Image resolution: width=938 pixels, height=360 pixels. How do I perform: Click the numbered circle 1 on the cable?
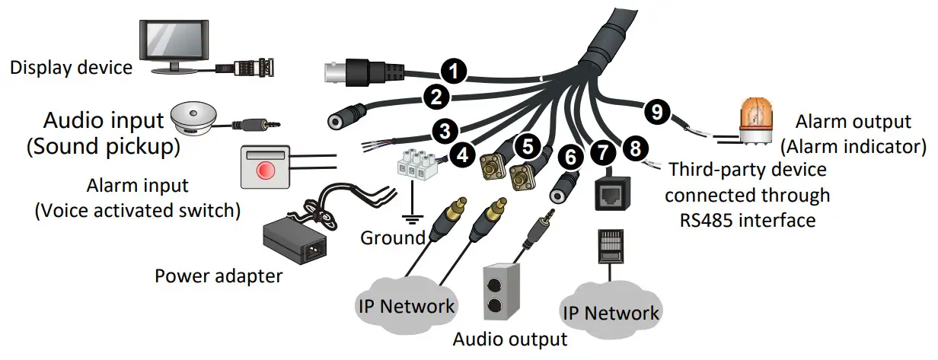454,72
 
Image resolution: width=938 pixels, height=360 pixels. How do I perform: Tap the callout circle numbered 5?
528,146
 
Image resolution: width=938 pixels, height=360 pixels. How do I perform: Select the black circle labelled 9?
657,112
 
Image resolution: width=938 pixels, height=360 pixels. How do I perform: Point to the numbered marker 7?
603,152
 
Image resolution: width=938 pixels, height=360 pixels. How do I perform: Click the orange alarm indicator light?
756,122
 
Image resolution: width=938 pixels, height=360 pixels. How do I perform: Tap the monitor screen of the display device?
174,40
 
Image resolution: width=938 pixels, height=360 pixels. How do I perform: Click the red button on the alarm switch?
266,170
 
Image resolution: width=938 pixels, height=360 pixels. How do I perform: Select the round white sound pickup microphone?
194,118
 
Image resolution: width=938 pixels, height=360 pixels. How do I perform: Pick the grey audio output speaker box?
502,292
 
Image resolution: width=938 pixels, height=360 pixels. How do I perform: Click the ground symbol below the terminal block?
413,218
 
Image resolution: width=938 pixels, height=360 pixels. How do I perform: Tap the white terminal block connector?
417,165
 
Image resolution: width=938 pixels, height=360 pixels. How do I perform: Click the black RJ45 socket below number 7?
613,193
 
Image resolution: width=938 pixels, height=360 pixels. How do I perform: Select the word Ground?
392,237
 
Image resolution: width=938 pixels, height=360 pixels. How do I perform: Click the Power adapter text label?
219,276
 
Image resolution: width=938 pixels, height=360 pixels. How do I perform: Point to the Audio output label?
510,339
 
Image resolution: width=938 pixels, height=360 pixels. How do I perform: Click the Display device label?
72,68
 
